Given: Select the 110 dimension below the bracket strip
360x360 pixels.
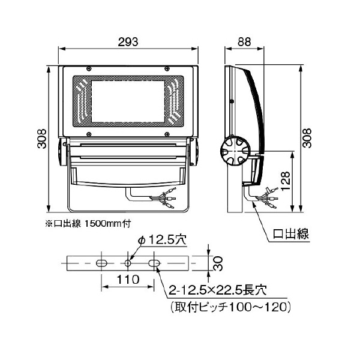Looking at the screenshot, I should tap(128, 279).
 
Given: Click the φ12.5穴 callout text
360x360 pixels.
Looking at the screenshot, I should tap(163, 239).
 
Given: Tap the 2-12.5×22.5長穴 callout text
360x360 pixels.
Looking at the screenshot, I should tap(217, 290).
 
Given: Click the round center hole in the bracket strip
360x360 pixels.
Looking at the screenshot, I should tap(128, 263).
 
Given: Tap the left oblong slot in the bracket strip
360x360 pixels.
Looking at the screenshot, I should tap(102, 263).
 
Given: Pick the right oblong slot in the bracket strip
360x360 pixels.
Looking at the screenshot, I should tap(154, 263).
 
